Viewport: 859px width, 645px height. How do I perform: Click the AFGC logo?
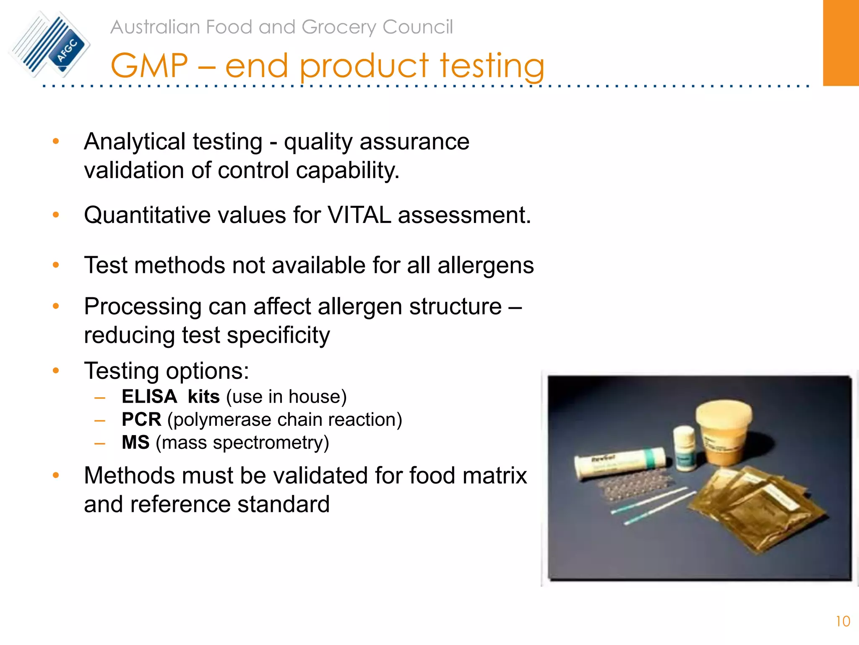coord(49,44)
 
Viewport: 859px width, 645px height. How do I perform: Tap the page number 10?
coord(843,621)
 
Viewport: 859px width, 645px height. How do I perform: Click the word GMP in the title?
coord(149,66)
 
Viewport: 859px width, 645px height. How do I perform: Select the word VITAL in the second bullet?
coord(359,215)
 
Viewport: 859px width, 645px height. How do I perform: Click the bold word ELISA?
coord(149,397)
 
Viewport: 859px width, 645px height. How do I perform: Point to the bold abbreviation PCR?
coord(141,420)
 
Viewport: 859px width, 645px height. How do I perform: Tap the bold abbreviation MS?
coord(135,443)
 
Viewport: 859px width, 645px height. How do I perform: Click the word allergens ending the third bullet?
coord(485,265)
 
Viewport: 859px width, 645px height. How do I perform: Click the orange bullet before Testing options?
coord(56,370)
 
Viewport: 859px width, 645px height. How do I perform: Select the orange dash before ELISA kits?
coord(100,397)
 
